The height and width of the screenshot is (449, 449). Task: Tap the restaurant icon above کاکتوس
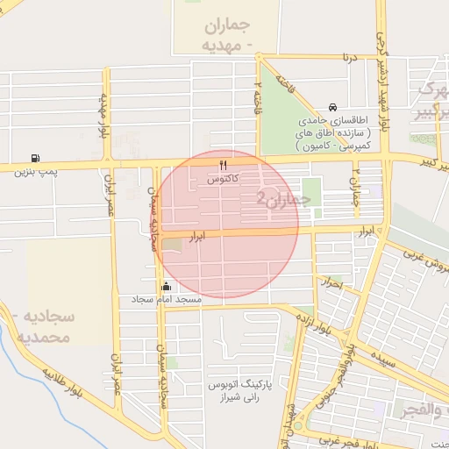[224, 164]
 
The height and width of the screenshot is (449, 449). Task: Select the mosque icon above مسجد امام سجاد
[167, 286]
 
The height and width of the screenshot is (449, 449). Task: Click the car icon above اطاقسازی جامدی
[331, 104]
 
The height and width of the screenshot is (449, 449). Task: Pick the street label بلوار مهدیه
[104, 114]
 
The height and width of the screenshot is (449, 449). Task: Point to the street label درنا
[351, 59]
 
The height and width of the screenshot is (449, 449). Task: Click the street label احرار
[330, 282]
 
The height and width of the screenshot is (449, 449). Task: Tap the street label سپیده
[382, 361]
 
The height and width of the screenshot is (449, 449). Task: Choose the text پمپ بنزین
[36, 171]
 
